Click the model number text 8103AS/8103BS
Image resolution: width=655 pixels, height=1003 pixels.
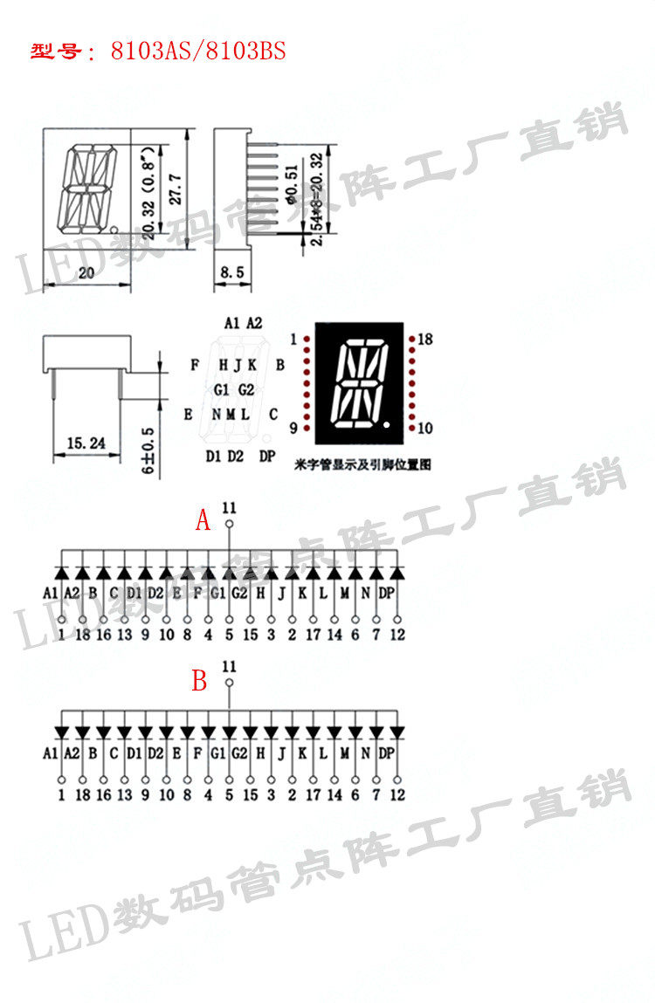click(198, 52)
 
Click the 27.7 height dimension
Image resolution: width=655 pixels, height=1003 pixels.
click(176, 189)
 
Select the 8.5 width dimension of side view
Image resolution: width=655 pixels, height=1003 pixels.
click(231, 273)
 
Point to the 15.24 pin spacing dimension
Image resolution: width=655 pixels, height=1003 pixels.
click(86, 444)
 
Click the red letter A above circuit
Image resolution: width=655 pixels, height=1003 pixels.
click(203, 521)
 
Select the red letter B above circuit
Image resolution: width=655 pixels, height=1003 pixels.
click(199, 681)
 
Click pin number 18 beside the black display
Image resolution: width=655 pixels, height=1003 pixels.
click(426, 339)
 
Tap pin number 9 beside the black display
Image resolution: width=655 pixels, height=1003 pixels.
click(293, 428)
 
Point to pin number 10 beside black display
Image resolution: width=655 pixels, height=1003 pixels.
click(426, 428)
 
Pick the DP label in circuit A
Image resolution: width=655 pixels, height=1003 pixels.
click(388, 593)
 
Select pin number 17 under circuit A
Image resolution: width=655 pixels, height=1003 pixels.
click(313, 635)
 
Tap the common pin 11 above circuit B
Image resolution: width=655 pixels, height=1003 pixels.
click(229, 666)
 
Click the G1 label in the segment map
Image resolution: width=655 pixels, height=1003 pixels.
click(221, 388)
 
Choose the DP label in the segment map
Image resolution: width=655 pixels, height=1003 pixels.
click(267, 456)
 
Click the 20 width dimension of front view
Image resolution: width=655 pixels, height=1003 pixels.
click(86, 273)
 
